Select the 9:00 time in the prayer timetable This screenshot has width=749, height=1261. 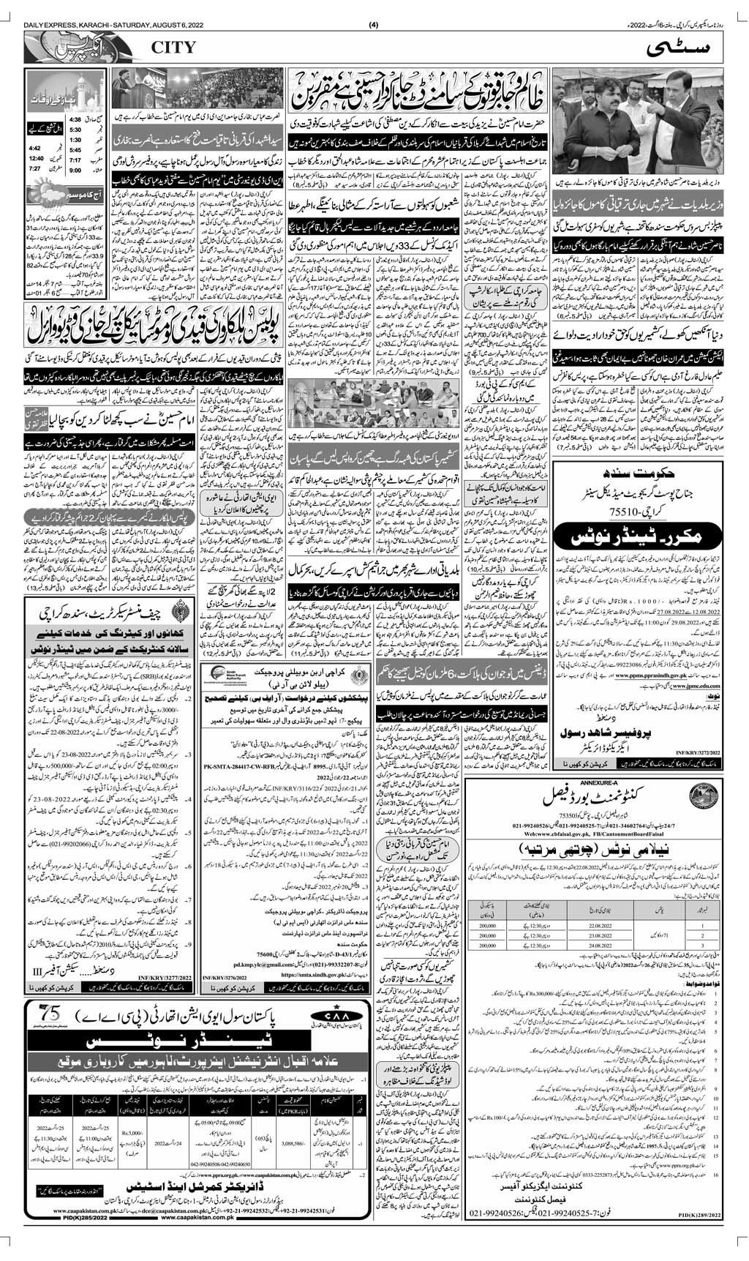[x=75, y=170]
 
